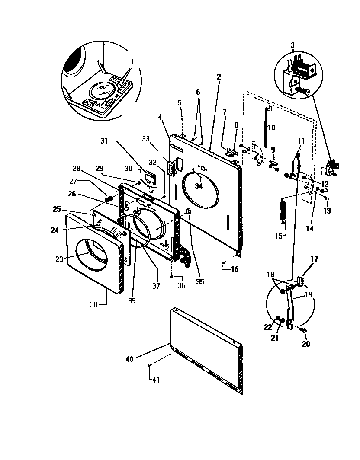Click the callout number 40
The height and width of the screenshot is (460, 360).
(130, 358)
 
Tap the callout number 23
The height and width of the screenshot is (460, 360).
(59, 259)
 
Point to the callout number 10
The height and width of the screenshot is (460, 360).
(271, 128)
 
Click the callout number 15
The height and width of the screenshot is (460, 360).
(279, 236)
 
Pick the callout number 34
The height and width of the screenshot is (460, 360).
(199, 186)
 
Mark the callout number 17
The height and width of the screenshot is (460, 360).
(315, 259)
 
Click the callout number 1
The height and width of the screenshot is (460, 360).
(132, 62)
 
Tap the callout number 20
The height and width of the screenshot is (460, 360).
(306, 344)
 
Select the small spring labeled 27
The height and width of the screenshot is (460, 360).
(109, 199)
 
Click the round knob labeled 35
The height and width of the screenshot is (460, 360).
(189, 211)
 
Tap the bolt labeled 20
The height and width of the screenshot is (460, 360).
(302, 331)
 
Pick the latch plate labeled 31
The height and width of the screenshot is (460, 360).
(150, 176)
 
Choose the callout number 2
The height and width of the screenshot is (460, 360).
(219, 77)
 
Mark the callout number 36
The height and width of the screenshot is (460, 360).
(181, 285)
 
